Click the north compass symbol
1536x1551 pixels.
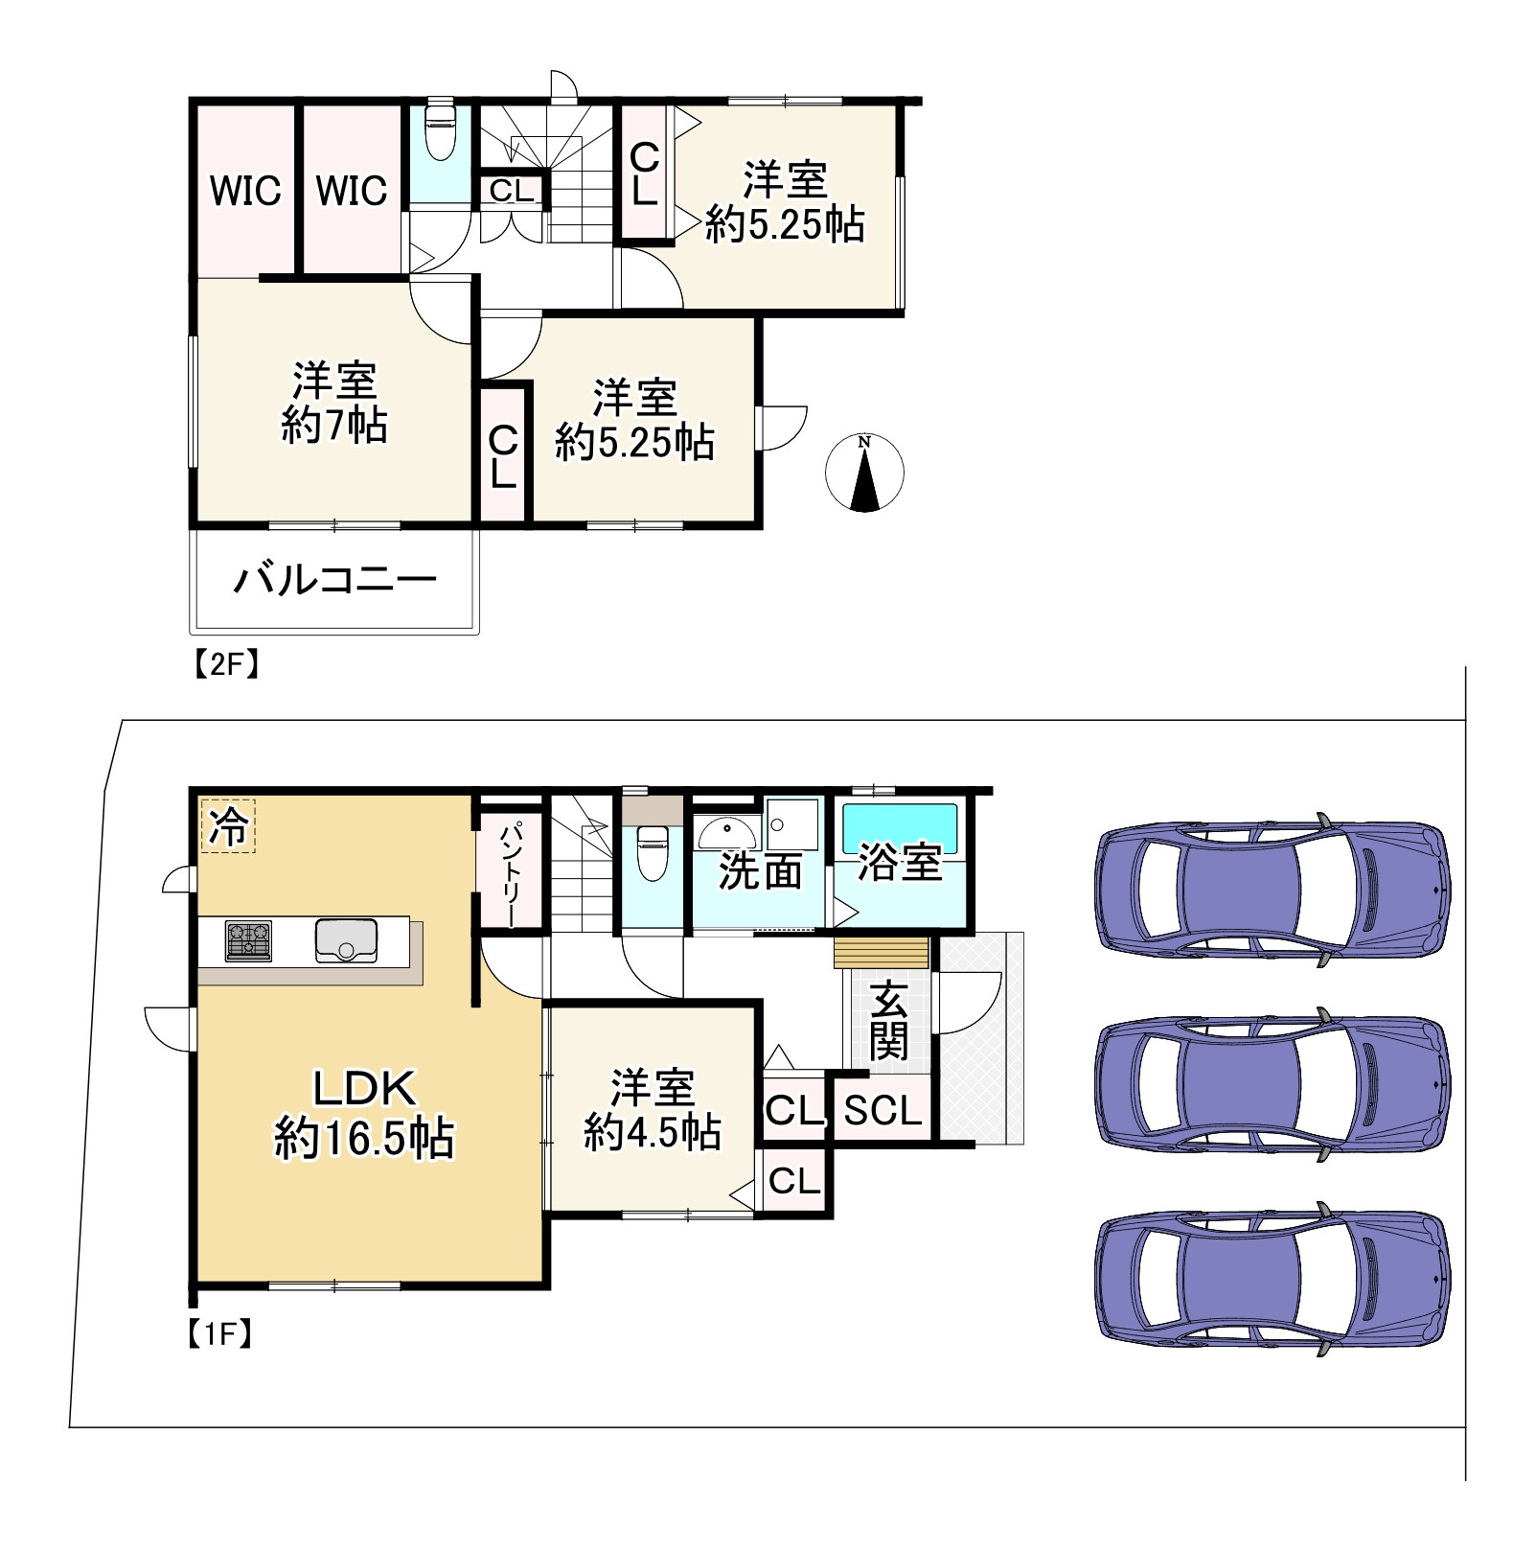[x=864, y=473]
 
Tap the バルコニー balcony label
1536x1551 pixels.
[x=334, y=580]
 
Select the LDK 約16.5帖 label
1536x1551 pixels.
[x=364, y=1114]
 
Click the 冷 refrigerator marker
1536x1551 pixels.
[x=229, y=826]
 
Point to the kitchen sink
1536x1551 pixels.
[x=346, y=939]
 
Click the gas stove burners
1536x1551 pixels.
[x=248, y=940]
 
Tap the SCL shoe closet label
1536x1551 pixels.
[x=883, y=1110]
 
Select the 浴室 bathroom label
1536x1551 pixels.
[x=900, y=863]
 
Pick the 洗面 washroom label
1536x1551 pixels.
[x=760, y=872]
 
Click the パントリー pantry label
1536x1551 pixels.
[x=512, y=872]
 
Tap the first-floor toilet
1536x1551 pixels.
[x=652, y=854]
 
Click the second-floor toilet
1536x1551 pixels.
[x=440, y=130]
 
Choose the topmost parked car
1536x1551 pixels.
[x=1272, y=889]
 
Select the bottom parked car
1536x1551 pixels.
[x=1272, y=1279]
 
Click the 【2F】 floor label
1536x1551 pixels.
[x=227, y=664]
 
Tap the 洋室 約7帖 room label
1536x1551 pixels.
[x=334, y=404]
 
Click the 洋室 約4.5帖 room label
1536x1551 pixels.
[x=653, y=1111]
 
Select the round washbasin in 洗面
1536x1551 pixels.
[x=725, y=831]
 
